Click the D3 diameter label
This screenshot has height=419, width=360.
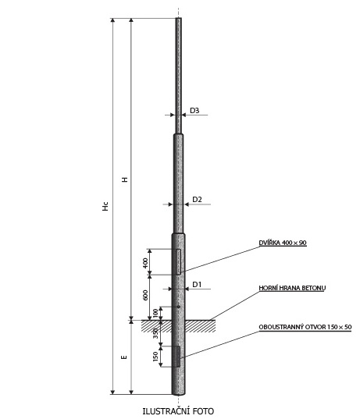coord(194,110)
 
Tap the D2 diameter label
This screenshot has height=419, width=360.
coord(197,199)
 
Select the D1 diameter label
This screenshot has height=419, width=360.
coord(197,285)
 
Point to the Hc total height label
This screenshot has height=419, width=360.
coord(105,206)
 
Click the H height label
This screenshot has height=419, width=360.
coord(125,179)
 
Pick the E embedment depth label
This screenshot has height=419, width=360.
coord(124,357)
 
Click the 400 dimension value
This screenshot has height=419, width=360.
coord(145,263)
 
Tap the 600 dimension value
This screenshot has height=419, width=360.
coord(145,295)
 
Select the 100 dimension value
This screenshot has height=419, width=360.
coord(155,313)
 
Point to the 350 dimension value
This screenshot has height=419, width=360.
coord(155,334)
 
